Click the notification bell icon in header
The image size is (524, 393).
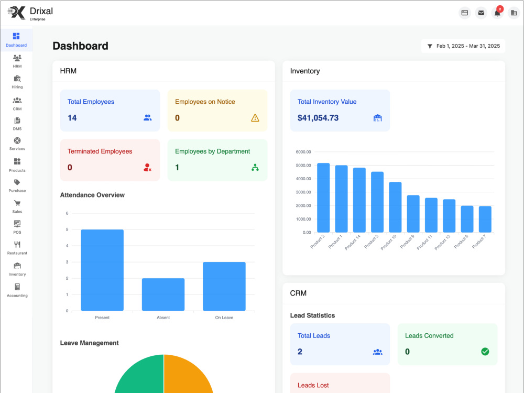pyautogui.click(x=497, y=13)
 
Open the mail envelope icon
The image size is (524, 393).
pyautogui.click(x=481, y=13)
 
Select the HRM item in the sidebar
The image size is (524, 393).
pyautogui.click(x=17, y=61)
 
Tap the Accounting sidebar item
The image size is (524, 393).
pyautogui.click(x=17, y=290)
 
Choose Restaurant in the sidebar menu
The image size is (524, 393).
pyautogui.click(x=17, y=248)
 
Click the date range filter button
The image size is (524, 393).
pyautogui.click(x=463, y=46)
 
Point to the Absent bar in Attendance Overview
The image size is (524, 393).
pyautogui.click(x=163, y=294)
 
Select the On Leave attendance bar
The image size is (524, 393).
pyautogui.click(x=224, y=287)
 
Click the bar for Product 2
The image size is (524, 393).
pyautogui.click(x=323, y=198)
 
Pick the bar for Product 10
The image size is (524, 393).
pyautogui.click(x=395, y=207)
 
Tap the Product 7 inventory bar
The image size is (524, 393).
pyautogui.click(x=485, y=219)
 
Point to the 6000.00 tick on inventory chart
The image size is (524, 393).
pyautogui.click(x=303, y=152)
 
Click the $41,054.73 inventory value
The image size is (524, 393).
pyautogui.click(x=318, y=118)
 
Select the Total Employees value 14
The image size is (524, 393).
pyautogui.click(x=72, y=118)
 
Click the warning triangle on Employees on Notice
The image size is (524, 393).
pyautogui.click(x=255, y=118)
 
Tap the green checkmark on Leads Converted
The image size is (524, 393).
pyautogui.click(x=485, y=352)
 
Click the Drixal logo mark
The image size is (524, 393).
pyautogui.click(x=17, y=13)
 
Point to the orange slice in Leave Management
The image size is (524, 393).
pyautogui.click(x=189, y=374)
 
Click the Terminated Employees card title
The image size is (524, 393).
pyautogui.click(x=100, y=151)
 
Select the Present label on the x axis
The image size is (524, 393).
pyautogui.click(x=102, y=318)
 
